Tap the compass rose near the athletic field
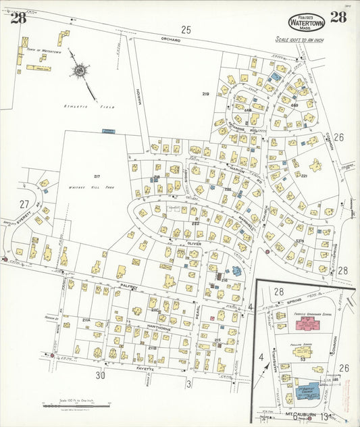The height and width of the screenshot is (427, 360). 80,70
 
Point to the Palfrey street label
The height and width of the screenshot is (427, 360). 128,286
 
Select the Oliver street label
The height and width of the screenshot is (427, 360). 176,242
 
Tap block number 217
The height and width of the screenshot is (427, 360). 97,176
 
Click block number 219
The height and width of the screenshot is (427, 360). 205,93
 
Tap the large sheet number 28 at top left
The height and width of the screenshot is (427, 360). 18,18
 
